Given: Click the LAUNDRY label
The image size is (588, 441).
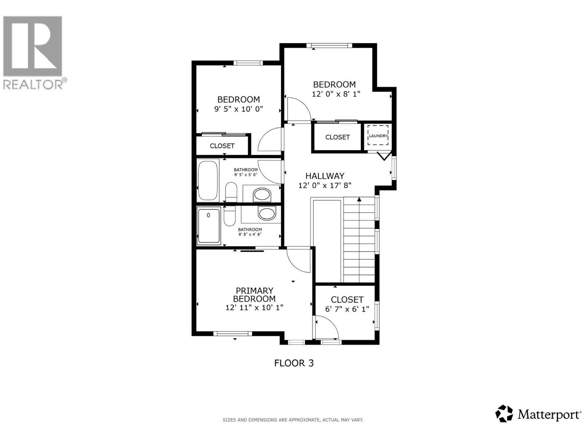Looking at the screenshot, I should pyautogui.click(x=378, y=136).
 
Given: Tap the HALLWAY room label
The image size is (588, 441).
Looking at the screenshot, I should pyautogui.click(x=325, y=176).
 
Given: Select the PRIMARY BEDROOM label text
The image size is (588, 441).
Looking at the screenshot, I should pyautogui.click(x=254, y=295).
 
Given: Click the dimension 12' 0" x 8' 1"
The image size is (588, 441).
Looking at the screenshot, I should pyautogui.click(x=336, y=94).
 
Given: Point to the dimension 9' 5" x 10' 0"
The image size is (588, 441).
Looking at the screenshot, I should pyautogui.click(x=239, y=109).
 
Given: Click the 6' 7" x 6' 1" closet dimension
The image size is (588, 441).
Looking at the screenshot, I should pyautogui.click(x=347, y=309).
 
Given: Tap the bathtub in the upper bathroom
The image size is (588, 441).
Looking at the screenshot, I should pyautogui.click(x=208, y=180).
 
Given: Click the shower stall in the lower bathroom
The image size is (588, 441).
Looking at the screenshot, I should pyautogui.click(x=209, y=226).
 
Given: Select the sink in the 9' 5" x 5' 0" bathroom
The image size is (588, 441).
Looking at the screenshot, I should pyautogui.click(x=262, y=194).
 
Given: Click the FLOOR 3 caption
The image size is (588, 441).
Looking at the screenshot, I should pyautogui.click(x=294, y=363).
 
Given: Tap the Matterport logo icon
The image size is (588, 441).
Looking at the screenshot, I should pyautogui.click(x=504, y=413).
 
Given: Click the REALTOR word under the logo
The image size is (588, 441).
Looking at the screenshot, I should pyautogui.click(x=33, y=85).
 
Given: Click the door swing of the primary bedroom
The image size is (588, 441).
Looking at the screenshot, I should pyautogui.click(x=298, y=260).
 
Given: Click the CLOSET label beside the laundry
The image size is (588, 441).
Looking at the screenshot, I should pyautogui.click(x=337, y=137).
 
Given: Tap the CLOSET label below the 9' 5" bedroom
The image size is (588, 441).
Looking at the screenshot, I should pyautogui.click(x=222, y=146).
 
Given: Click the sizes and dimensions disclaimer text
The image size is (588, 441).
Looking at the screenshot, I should pyautogui.click(x=293, y=420).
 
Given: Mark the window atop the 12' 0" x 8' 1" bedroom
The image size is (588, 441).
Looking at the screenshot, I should pyautogui.click(x=329, y=46).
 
